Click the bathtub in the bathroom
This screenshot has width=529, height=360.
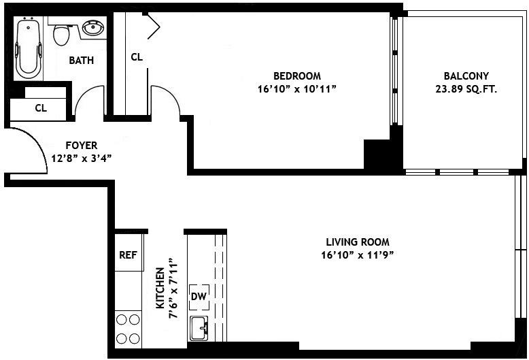point(29,48)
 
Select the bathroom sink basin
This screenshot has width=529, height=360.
point(92,29)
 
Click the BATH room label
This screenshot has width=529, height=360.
point(82,61)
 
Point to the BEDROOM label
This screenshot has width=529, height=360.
point(296,76)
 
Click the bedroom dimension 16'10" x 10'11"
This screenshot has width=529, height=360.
point(296,89)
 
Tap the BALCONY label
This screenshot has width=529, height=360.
point(466,76)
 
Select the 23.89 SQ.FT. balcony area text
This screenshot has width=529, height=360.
point(466,89)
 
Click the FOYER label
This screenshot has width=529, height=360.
point(81,145)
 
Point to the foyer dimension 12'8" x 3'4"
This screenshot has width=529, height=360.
point(81,158)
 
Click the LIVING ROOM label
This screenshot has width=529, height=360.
point(357,242)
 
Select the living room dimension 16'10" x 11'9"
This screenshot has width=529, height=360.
point(357,255)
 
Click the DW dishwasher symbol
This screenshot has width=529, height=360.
point(198,296)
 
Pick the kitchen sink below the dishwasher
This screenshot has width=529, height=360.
point(199,327)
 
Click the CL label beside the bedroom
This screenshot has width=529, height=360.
point(137,57)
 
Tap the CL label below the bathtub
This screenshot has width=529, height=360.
point(40,108)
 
